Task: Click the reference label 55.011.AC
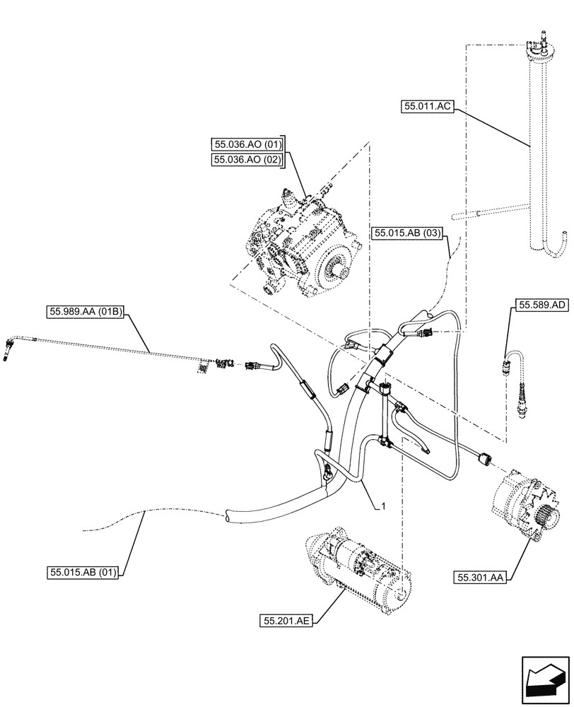tap(427, 107)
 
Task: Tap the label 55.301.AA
tap(480, 578)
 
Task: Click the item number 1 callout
tap(383, 506)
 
